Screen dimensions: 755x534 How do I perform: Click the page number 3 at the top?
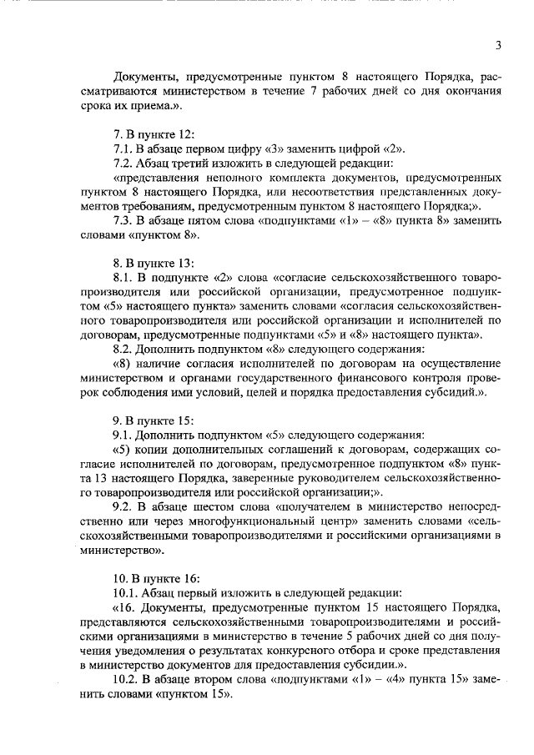(x=497, y=46)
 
